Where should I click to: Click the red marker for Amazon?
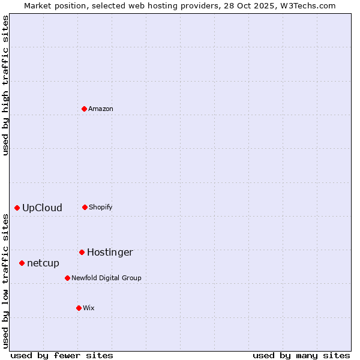point(85,109)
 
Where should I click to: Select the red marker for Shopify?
point(85,207)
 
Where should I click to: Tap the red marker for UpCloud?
point(17,208)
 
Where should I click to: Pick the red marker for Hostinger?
point(82,252)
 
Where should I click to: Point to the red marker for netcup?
point(22,263)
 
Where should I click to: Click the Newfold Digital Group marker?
point(67,278)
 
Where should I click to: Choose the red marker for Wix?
point(79,308)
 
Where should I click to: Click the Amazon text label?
point(101,109)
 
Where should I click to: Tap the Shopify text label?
point(101,207)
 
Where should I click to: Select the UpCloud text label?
point(42,208)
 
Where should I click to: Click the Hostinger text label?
point(110,253)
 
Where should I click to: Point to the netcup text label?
point(43,263)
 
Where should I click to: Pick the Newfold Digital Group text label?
point(106,278)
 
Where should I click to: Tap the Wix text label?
point(89,308)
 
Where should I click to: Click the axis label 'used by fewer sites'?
point(62,355)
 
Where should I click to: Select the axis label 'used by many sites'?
point(301,355)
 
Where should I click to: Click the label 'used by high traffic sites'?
point(6,85)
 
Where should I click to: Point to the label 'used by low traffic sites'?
point(6,281)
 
